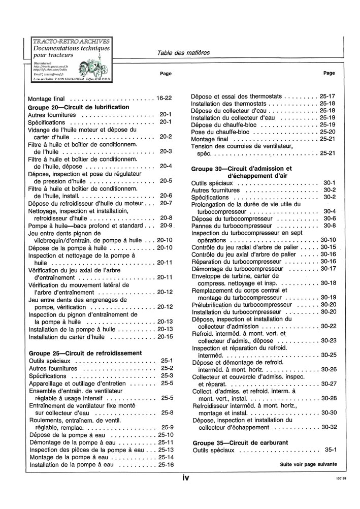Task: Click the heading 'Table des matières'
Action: (183, 53)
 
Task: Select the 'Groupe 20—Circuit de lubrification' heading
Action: (79, 107)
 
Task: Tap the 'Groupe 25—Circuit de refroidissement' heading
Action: (85, 353)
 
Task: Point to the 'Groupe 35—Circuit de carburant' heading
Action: (241, 442)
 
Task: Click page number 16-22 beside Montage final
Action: (165, 98)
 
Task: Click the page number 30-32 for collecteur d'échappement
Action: (329, 427)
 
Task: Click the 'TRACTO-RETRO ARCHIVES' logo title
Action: (71, 41)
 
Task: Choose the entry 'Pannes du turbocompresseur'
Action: (229, 226)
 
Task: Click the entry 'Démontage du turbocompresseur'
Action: (237, 269)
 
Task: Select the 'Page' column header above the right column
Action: (329, 73)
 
